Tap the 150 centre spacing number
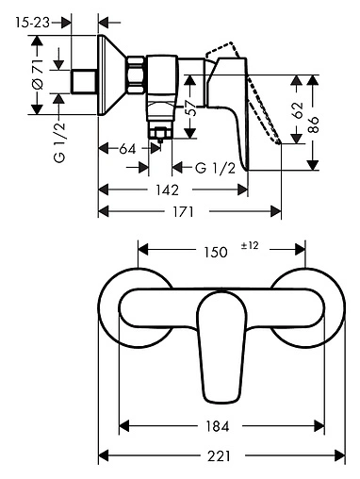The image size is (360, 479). pos(216,252)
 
